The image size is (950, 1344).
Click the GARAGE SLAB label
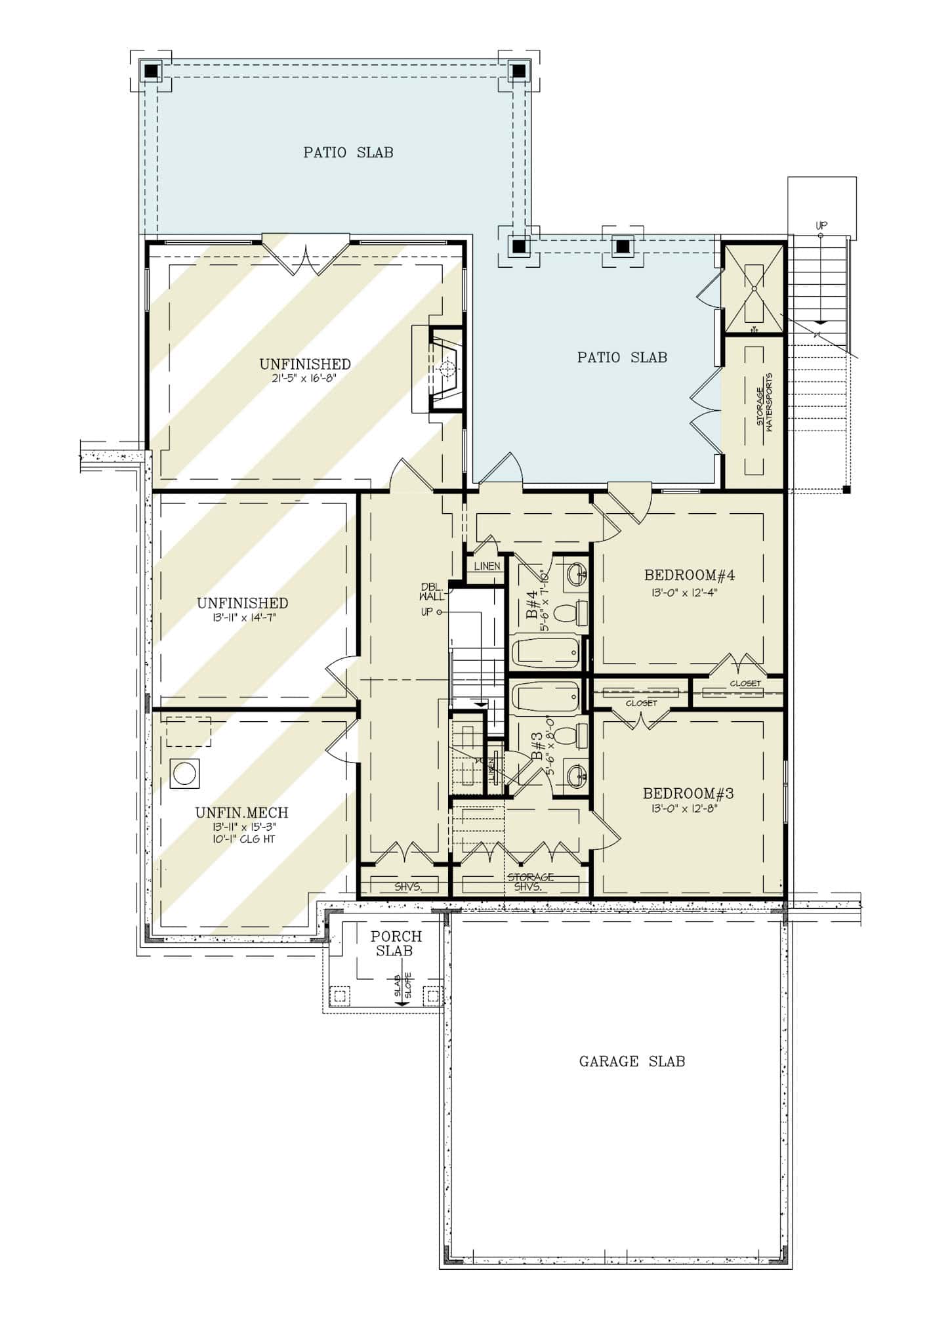coord(632,1061)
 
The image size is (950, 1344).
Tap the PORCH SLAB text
coord(396,943)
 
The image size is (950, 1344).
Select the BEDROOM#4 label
coord(689,576)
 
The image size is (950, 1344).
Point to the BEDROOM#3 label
coord(688,793)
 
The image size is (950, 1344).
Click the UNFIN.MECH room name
coord(241,812)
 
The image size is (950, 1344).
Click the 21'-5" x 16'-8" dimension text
coord(305,378)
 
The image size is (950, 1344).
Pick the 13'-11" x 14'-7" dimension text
coord(242,618)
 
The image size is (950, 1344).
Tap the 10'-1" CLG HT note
coord(242,839)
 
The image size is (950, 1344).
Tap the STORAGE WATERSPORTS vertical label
coord(764,401)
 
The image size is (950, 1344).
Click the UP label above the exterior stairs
coord(821,225)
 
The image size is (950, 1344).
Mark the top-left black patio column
coord(151,70)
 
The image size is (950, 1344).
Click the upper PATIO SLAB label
coord(348,152)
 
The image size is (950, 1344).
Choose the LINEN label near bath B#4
coord(487,566)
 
